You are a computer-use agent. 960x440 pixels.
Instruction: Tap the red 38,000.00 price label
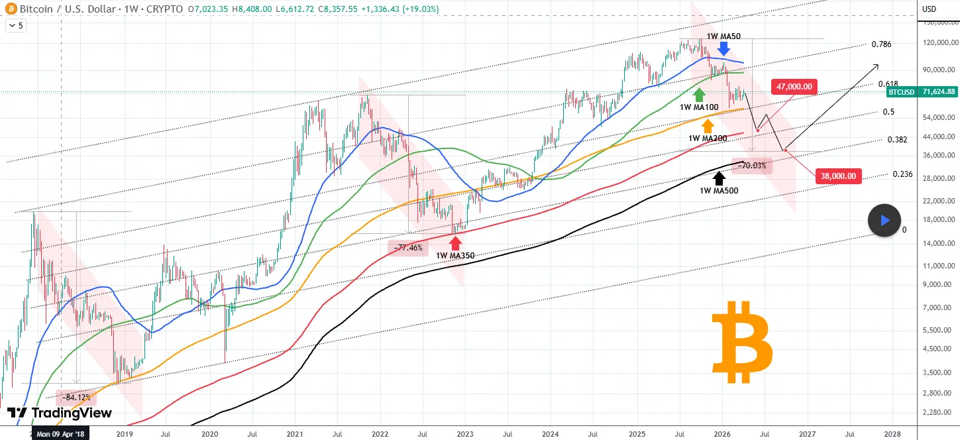837,176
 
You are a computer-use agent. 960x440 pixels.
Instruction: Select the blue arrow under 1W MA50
724,48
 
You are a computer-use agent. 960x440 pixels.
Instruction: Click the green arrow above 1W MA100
698,93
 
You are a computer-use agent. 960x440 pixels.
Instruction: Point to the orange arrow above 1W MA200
708,126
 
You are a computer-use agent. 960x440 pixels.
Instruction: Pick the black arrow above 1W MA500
718,178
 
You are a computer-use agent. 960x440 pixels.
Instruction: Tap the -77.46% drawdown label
407,248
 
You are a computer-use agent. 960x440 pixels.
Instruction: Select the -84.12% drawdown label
77,398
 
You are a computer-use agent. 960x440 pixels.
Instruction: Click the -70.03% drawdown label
752,166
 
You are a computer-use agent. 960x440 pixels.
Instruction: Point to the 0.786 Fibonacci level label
881,44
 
